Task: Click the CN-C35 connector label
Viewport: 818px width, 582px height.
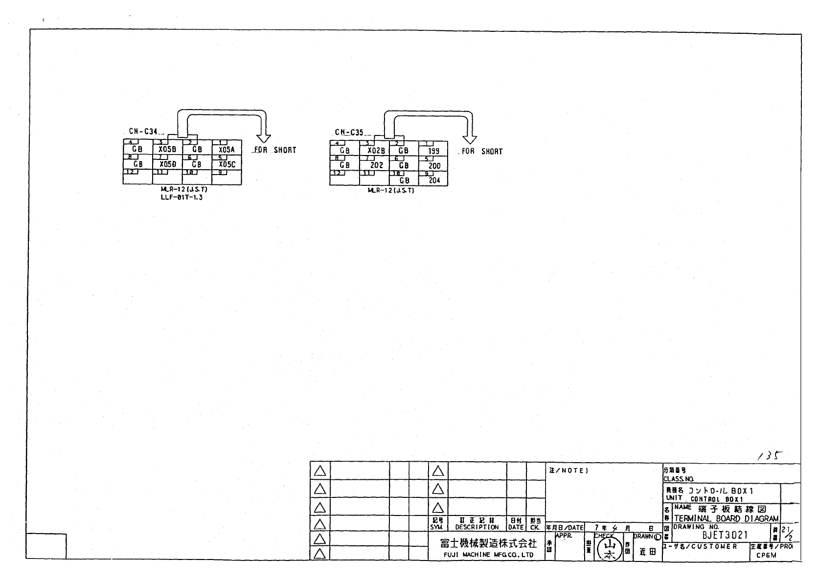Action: click(349, 132)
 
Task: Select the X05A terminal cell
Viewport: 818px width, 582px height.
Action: click(227, 150)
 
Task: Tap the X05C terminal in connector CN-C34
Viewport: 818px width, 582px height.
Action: click(227, 164)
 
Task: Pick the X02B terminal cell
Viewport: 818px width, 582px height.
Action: click(375, 151)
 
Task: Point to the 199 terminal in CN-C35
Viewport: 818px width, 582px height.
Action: click(433, 151)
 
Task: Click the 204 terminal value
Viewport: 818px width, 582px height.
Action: click(434, 180)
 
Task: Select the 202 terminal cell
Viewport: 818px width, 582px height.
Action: click(376, 165)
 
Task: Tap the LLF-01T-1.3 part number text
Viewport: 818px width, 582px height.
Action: click(181, 198)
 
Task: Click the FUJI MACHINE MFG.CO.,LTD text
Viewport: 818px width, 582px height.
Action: click(482, 555)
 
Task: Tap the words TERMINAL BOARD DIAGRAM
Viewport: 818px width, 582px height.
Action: click(726, 518)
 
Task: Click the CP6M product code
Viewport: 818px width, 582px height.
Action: click(766, 555)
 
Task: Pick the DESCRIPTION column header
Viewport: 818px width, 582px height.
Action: click(477, 527)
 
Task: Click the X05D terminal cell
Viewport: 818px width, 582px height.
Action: click(167, 164)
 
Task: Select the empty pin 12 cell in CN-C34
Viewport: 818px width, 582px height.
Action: click(137, 177)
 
